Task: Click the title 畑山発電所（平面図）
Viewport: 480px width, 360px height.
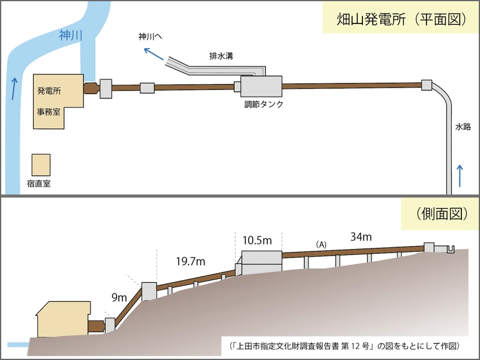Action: tap(394, 18)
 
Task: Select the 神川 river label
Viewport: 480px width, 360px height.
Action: tap(71, 35)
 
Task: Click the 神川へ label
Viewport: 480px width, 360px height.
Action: tap(150, 37)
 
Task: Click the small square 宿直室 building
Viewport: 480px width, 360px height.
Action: tap(41, 164)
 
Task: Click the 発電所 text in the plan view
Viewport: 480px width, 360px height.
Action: tap(49, 91)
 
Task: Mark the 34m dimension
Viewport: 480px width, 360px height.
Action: tap(361, 237)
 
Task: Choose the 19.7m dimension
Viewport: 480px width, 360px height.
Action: tap(191, 261)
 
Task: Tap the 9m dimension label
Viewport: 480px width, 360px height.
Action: tap(119, 296)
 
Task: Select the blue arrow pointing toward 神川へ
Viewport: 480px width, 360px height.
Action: tap(154, 56)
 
